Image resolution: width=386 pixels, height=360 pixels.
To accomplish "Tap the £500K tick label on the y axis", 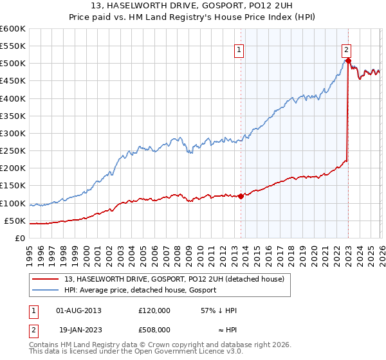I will coord(13,64).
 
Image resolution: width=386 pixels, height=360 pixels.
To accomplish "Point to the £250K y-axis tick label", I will coord(13,151).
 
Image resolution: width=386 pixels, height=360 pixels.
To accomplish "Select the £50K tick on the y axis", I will coord(15,221).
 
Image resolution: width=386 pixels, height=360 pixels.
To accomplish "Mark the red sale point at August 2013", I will coord(241,196).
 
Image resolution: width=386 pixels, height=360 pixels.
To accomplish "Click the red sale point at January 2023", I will coord(348,60).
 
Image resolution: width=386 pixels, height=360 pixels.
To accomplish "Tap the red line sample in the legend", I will coord(46,278).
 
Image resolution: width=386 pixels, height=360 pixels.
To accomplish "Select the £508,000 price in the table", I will coord(154,329).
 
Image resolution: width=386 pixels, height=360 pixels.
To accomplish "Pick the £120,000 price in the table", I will coord(154,310).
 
